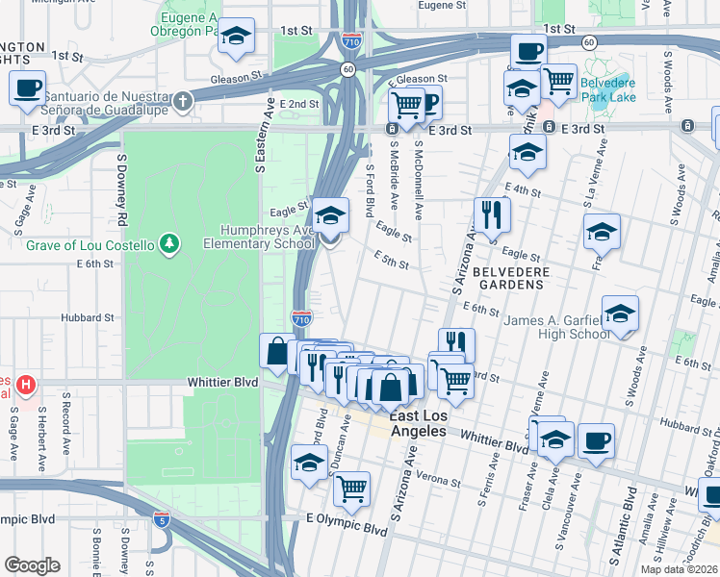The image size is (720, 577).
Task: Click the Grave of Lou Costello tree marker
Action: [x=169, y=245]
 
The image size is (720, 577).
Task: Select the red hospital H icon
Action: [x=26, y=386]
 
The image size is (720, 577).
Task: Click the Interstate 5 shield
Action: [x=163, y=520]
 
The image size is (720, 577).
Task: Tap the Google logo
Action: [x=33, y=564]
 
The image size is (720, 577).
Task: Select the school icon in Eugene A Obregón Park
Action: [x=236, y=37]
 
